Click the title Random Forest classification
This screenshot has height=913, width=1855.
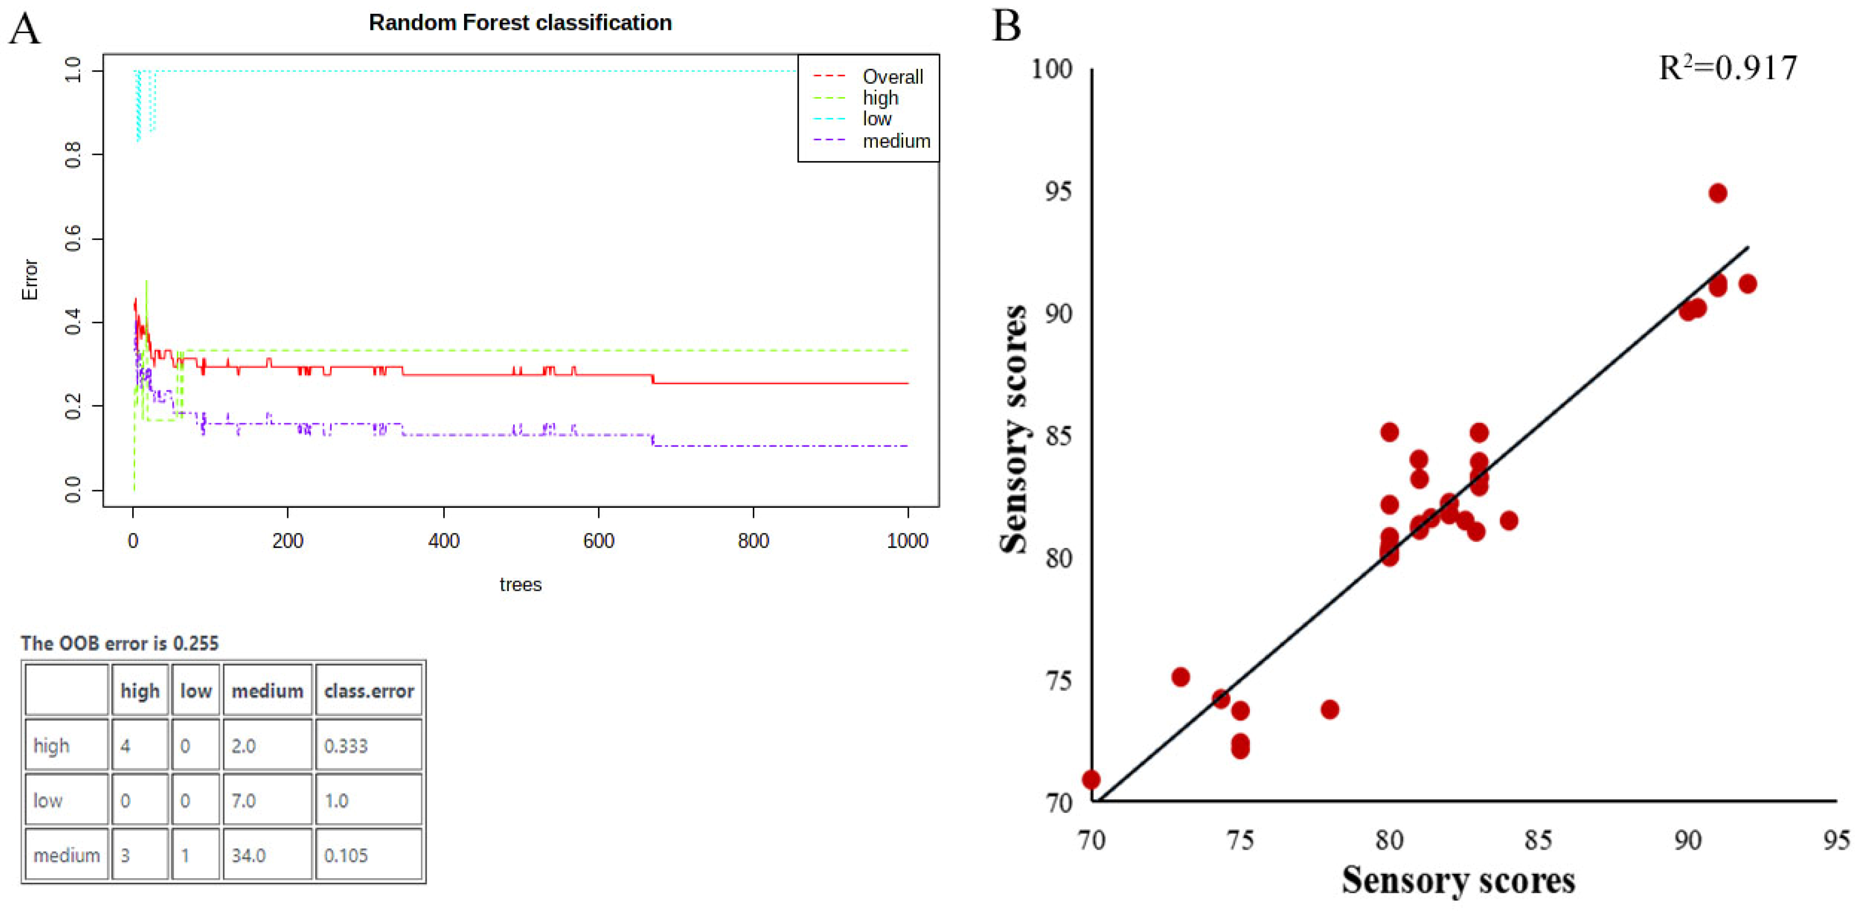pos(520,23)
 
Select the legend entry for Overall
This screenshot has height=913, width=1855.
pos(892,77)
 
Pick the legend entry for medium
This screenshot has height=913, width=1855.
pos(896,141)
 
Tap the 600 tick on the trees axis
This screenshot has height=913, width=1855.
pos(598,540)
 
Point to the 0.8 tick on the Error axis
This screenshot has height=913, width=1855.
pos(73,154)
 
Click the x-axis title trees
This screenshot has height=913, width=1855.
pos(520,584)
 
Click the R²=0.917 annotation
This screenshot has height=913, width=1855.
pos(1728,68)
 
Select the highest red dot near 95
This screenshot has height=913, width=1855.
pos(1717,193)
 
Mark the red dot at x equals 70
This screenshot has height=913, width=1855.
pos(1091,779)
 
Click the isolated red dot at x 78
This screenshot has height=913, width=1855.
pos(1329,710)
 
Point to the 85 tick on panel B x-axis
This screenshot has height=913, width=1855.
pos(1538,840)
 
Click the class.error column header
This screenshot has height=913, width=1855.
pos(369,691)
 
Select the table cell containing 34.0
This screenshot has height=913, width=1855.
pos(267,855)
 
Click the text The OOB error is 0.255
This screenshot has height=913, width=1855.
pos(120,643)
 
